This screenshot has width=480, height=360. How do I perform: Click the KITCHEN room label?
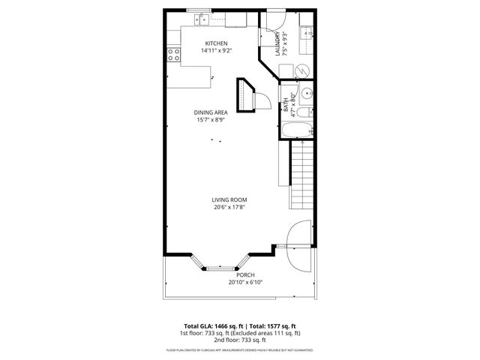[x=216, y=43]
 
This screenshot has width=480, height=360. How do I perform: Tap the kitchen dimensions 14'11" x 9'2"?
[x=216, y=51]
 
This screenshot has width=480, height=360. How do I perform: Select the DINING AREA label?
[x=211, y=112]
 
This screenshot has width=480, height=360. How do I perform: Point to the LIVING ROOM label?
[x=229, y=199]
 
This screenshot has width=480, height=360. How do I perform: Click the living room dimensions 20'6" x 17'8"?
[x=229, y=207]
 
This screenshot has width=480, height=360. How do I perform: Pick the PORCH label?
[x=245, y=275]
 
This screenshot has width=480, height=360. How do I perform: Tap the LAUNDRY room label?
[x=278, y=44]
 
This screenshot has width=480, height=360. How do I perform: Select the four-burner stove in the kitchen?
[x=173, y=54]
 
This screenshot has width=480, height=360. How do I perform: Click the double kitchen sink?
[x=199, y=17]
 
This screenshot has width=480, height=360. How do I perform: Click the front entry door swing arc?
[x=298, y=247]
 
